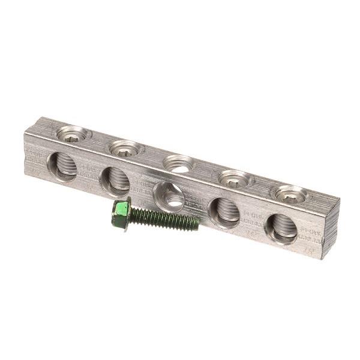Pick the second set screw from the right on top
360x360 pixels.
pyautogui.click(x=235, y=179)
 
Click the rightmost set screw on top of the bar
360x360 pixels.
pyautogui.click(x=291, y=194)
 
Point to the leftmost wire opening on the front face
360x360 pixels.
pyautogui.click(x=63, y=165)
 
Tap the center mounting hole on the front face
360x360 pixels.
pyautogui.click(x=169, y=196)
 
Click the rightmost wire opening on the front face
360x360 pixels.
pyautogui.click(x=281, y=228)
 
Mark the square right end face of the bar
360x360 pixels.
pyautogui.click(x=331, y=227)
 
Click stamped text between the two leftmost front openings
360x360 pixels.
pyautogui.click(x=89, y=172)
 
